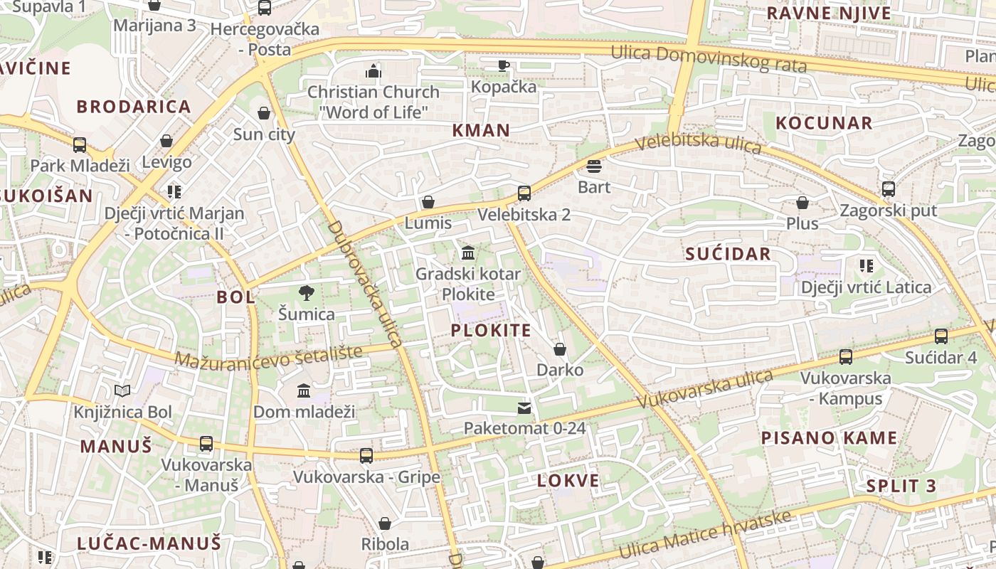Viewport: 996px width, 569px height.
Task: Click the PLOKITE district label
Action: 491,330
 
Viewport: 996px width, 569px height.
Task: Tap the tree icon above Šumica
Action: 307,292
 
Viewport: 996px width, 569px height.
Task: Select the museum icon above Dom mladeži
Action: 304,390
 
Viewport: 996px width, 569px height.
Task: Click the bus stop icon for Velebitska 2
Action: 524,193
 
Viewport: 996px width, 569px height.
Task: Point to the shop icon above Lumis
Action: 428,202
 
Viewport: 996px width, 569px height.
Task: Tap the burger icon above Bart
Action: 594,166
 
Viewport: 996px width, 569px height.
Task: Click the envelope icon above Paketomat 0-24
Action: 524,408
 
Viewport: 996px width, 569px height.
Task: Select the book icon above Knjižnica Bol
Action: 122,390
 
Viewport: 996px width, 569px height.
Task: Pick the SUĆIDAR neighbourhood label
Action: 728,254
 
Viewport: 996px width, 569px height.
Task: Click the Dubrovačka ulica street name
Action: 366,283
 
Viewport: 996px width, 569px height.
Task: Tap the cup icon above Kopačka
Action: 504,65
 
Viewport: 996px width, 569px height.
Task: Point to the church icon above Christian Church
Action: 373,71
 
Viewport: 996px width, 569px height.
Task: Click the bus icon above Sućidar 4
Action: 941,336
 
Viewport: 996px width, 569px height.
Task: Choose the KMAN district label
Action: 481,130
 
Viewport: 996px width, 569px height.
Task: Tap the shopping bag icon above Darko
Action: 560,349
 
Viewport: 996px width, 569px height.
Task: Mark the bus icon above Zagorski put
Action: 889,189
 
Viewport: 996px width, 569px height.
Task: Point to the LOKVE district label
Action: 568,480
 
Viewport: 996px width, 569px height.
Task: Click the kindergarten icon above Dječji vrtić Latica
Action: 866,266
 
